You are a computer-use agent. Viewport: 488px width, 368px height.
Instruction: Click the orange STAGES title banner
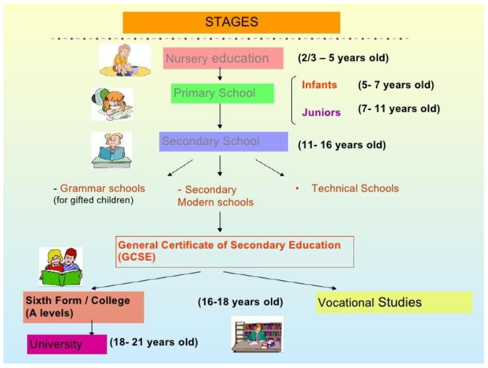tap(231, 22)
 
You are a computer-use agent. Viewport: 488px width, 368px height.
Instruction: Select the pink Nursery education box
tap(223, 58)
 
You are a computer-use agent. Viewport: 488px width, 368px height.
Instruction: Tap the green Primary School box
tap(223, 93)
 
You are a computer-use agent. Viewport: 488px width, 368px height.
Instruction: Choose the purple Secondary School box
tap(223, 142)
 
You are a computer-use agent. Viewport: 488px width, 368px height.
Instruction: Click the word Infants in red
tap(320, 85)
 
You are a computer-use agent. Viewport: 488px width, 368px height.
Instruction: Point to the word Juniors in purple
tap(321, 112)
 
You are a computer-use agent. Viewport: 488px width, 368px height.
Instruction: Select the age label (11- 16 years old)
tap(342, 145)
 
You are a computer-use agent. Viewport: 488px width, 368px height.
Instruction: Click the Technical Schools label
tap(355, 188)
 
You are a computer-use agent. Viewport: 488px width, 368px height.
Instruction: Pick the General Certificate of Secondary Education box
tap(234, 251)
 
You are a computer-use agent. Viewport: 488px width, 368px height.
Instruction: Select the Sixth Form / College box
tap(83, 307)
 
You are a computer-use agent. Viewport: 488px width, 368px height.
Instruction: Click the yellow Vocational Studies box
tap(394, 302)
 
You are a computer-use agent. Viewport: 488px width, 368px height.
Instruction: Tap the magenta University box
tap(67, 344)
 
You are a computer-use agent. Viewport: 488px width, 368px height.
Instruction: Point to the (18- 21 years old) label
tap(154, 342)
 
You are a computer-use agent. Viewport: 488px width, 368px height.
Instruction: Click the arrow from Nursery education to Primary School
tap(220, 74)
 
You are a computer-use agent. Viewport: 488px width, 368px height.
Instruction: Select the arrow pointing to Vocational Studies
tap(280, 280)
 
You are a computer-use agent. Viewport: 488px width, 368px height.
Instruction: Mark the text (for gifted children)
tap(93, 200)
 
